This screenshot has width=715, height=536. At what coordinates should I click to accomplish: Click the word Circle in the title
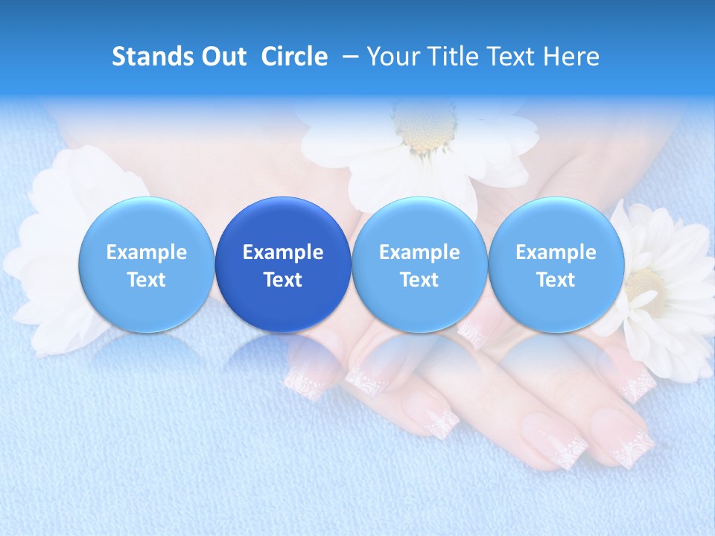tap(294, 57)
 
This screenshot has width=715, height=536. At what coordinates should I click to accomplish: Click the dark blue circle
tap(283, 265)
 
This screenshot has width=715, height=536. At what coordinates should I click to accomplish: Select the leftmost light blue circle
tap(146, 265)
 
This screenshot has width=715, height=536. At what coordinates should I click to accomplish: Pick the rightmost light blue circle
tap(556, 265)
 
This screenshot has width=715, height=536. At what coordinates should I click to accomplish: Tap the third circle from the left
tap(419, 265)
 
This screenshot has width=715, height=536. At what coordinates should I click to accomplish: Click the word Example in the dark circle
tap(283, 252)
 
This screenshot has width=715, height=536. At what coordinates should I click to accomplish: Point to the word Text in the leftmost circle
tap(146, 280)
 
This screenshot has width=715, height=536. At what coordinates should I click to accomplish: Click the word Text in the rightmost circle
tap(556, 280)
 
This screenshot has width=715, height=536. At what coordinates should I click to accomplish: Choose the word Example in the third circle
tap(419, 252)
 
